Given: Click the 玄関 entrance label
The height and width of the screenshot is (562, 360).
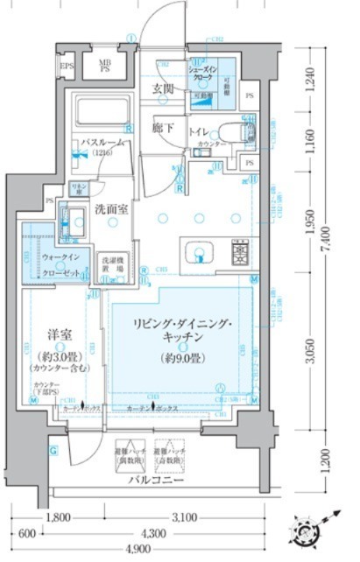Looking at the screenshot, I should coord(163,89).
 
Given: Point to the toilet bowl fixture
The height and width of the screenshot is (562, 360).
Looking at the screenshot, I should coord(229,131).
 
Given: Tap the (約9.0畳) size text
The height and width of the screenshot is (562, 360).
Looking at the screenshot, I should coord(181,357).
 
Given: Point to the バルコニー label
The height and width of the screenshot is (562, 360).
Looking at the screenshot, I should coord(155,481).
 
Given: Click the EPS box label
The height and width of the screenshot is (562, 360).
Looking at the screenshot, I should coord(66,67).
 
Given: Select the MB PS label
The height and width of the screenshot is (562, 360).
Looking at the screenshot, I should coord(104,67).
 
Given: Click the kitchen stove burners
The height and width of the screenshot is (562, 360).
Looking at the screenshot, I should coord(240,254).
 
